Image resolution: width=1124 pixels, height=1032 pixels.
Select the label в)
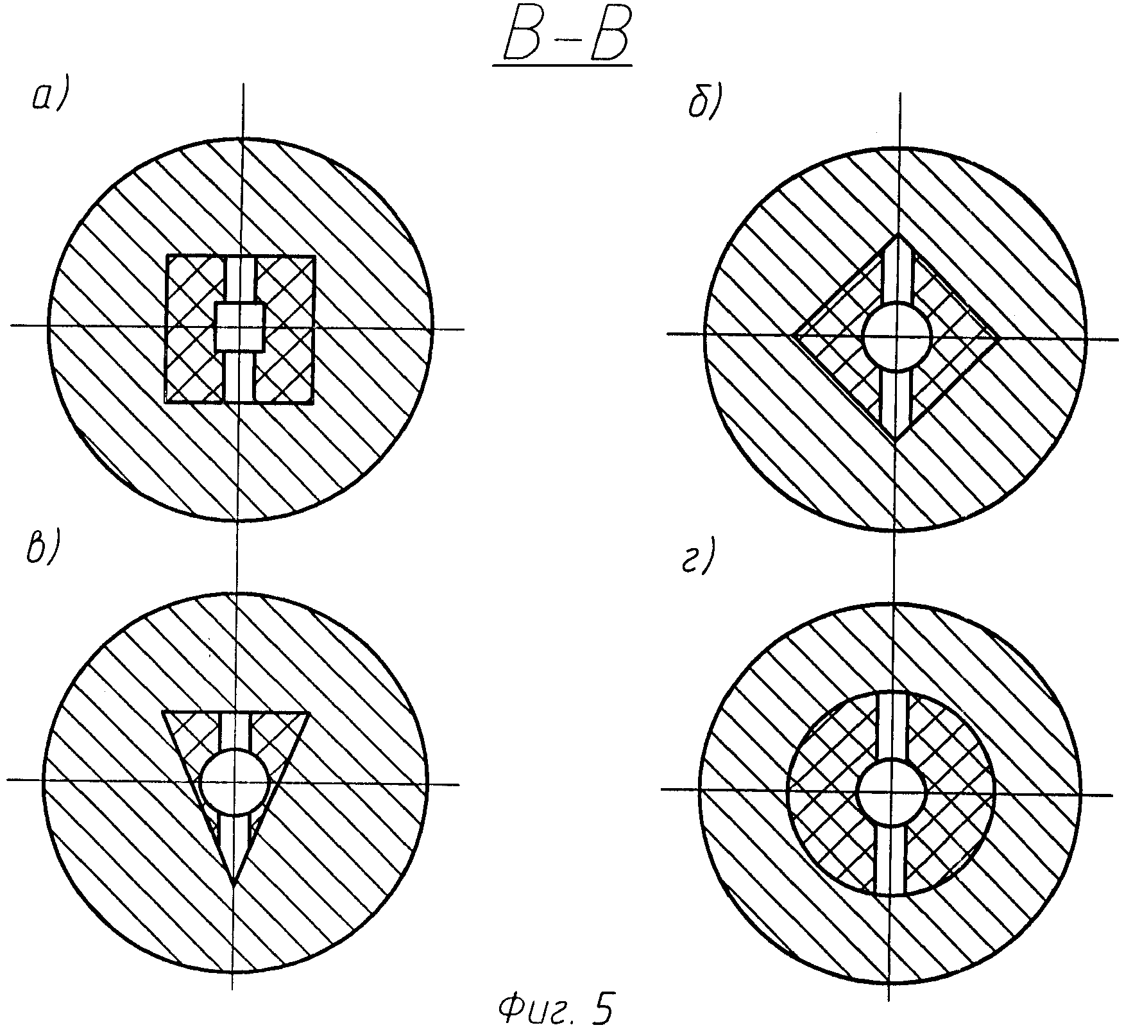[43, 551]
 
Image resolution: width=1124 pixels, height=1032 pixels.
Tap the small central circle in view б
[897, 336]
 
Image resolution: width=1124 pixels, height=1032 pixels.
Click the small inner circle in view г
[891, 791]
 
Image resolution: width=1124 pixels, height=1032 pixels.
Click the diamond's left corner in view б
[793, 334]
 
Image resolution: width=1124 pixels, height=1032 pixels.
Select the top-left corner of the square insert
[167, 256]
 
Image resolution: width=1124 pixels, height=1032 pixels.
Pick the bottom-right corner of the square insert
[313, 402]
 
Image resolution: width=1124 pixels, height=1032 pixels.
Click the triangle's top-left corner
[164, 712]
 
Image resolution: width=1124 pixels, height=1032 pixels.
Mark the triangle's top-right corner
[309, 712]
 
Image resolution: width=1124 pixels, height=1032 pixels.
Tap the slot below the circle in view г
[890, 860]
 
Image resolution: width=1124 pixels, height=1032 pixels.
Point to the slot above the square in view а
[241, 279]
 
